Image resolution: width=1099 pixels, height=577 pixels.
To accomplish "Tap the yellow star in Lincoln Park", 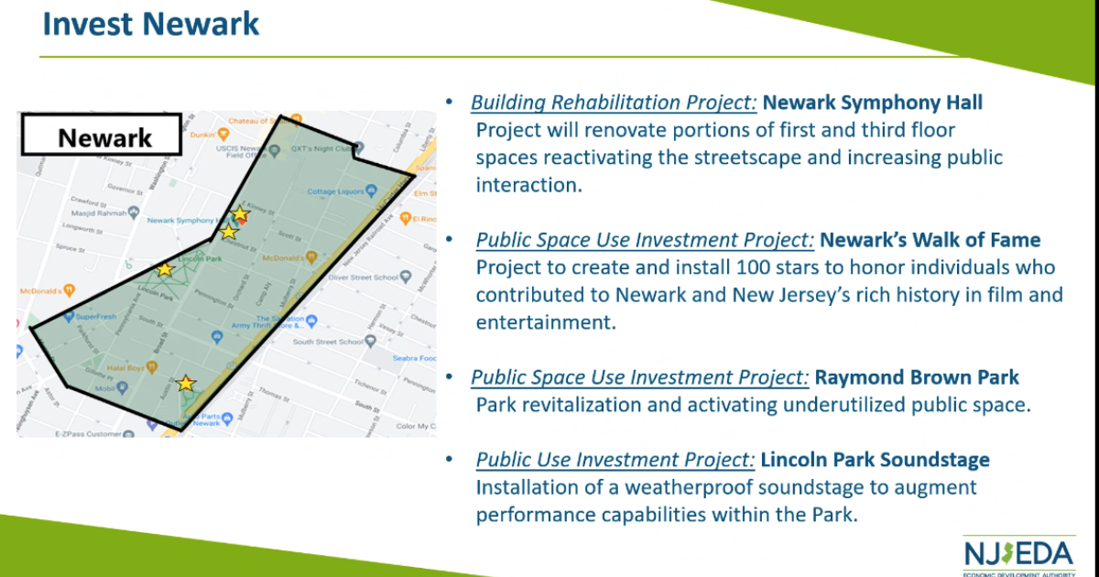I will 164,269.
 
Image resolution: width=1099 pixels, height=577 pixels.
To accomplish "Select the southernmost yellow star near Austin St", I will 186,383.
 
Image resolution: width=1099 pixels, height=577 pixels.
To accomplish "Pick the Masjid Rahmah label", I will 96,212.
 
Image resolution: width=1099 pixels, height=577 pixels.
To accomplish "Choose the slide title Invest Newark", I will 151,24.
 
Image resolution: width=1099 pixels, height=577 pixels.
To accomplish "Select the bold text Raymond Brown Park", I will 917,377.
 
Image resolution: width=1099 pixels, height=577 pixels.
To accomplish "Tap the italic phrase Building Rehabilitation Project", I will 614,103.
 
